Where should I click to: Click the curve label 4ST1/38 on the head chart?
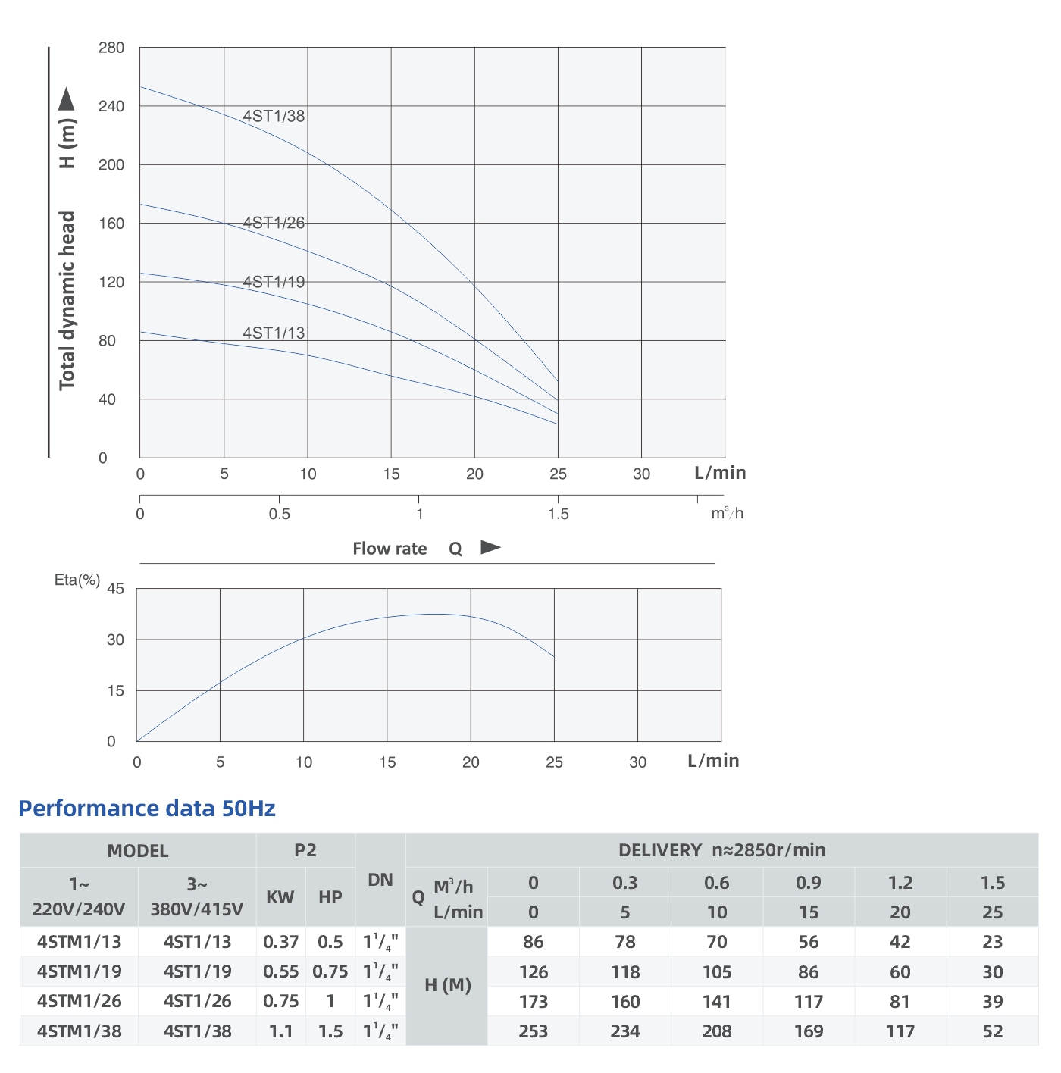tap(274, 116)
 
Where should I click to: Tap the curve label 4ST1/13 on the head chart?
tap(274, 333)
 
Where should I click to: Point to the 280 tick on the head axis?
tap(111, 48)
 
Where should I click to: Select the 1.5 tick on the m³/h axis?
tap(559, 514)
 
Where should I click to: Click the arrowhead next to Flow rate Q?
tap(491, 547)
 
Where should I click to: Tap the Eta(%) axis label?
tap(77, 580)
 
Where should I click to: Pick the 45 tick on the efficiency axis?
tap(116, 589)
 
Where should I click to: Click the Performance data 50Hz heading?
tap(147, 809)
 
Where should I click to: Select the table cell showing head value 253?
tap(534, 1031)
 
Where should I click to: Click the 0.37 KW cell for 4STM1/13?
tap(281, 942)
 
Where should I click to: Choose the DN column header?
tap(380, 880)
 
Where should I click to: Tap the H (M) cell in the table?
tap(448, 985)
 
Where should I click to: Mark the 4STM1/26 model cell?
tap(80, 1001)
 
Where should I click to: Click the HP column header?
tap(330, 897)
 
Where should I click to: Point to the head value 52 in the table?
tap(992, 1031)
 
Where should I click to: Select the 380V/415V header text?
tap(197, 909)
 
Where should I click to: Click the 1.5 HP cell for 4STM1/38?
tap(330, 1031)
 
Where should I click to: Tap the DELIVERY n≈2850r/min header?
tap(721, 850)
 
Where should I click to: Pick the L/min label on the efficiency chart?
tap(713, 761)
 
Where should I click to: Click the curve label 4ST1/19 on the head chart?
tap(274, 282)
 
